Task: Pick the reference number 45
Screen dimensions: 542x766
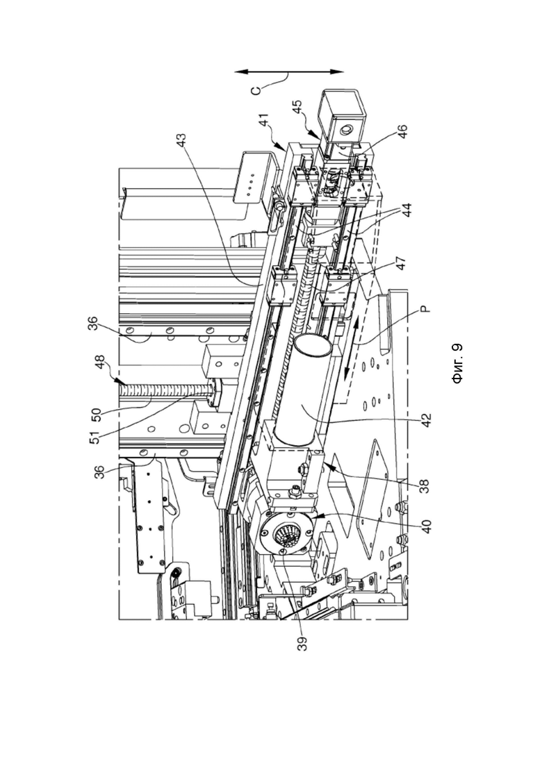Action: point(297,107)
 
